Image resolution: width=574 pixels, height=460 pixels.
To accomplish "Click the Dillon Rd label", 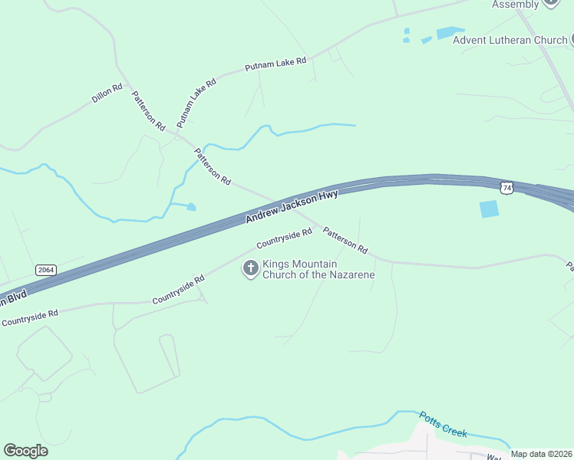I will pos(107,94).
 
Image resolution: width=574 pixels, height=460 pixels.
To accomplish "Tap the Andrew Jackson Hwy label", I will pos(292,207).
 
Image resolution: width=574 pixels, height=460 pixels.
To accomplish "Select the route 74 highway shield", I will pos(506,187).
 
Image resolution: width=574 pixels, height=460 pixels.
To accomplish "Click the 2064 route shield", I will pos(46,270).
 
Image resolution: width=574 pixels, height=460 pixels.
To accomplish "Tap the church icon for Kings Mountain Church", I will pos(250,268).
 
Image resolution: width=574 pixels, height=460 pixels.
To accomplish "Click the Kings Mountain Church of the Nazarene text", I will pos(318,269).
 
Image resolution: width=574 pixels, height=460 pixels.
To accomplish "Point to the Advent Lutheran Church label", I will pos(509,40).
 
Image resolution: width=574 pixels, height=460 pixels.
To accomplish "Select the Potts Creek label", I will pos(443,424).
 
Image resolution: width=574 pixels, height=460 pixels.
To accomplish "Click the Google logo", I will pos(25,451).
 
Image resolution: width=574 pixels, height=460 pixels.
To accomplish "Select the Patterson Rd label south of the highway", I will pos(345,240).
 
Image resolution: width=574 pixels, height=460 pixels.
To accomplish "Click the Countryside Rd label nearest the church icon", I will pos(284,238).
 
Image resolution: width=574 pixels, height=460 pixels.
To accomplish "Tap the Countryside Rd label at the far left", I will pos(30,318).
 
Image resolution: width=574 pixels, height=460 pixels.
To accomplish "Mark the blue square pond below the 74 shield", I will pos(489,209).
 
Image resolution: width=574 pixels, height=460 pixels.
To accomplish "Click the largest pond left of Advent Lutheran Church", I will pos(450,33).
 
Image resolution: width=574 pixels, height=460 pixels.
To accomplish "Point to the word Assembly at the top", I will pos(515,5).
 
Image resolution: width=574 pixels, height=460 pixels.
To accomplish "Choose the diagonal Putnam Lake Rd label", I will pos(196,102).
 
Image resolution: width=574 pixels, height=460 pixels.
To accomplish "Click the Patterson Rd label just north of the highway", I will pos(213,166).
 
